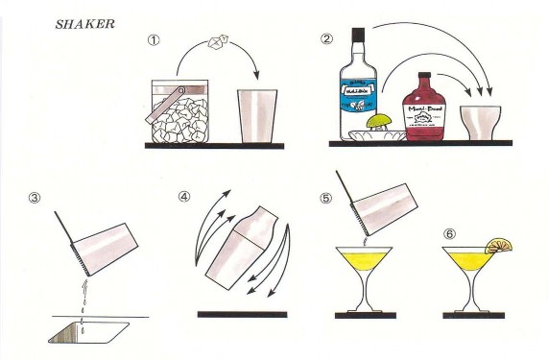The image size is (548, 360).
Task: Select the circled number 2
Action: [328, 39]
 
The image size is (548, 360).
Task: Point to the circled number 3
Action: [36, 198]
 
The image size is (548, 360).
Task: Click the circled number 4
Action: [185, 198]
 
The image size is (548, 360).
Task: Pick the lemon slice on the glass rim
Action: [498, 247]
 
